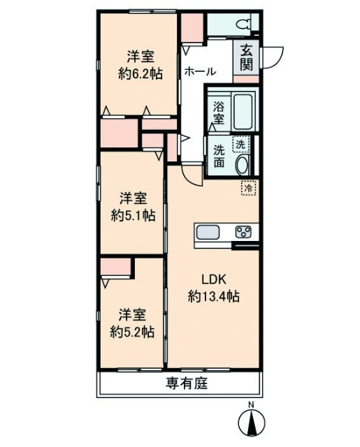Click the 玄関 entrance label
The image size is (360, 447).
(x=246, y=58)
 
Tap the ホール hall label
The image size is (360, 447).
(x=200, y=71)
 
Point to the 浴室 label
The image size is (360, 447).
(x=219, y=112)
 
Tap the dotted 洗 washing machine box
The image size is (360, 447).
(x=241, y=145)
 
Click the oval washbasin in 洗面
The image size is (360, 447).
(x=242, y=165)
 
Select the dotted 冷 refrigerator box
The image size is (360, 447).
(x=249, y=188)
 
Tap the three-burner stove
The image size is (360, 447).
(x=243, y=231)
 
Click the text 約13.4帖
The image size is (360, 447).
(x=213, y=297)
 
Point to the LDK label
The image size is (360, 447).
(x=214, y=279)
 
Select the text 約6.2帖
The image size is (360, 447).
(x=141, y=74)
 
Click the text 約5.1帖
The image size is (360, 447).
(x=134, y=216)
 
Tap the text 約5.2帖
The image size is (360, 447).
(x=132, y=332)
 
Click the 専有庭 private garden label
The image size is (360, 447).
(x=187, y=383)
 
